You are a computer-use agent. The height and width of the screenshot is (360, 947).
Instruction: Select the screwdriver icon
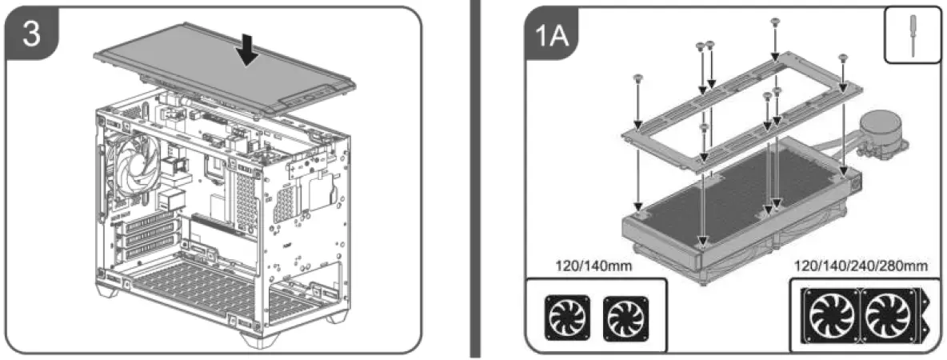pyautogui.click(x=913, y=37)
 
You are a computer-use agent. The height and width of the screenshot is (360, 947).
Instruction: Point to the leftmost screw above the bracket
pyautogui.click(x=637, y=77)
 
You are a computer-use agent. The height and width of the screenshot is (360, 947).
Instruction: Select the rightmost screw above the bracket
pyautogui.click(x=842, y=58)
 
